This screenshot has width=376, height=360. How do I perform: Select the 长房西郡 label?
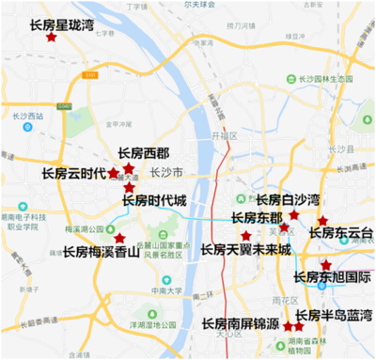[144, 153]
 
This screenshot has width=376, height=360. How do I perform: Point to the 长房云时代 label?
[74, 174]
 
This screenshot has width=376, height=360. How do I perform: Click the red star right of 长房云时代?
[114, 173]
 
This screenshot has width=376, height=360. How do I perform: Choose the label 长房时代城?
[154, 200]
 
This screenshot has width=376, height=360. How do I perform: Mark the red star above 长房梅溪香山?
[119, 238]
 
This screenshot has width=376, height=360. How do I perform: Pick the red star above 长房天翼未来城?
[246, 235]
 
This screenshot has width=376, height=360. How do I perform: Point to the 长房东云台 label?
[341, 233]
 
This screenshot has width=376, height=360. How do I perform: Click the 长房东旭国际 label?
[333, 277]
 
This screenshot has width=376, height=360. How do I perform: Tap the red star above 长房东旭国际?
[325, 265]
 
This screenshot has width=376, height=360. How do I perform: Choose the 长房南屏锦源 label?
[241, 323]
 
